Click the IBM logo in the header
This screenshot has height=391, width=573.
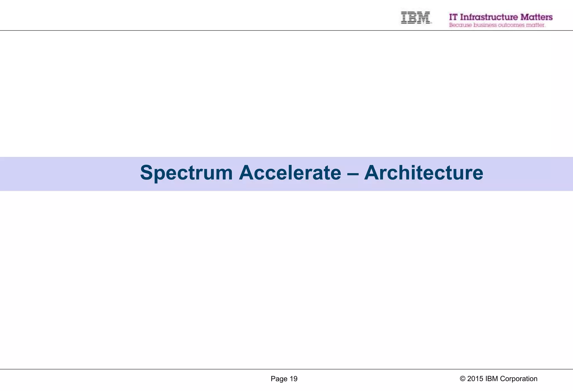point(415,17)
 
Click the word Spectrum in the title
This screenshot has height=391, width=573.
point(186,173)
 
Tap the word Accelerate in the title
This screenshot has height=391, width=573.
point(290,173)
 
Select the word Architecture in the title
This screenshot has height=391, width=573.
point(424,173)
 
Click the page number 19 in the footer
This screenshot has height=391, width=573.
point(293,379)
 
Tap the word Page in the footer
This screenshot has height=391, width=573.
point(279,379)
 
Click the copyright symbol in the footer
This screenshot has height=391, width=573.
point(462,379)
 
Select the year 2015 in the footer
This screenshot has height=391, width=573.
point(475,379)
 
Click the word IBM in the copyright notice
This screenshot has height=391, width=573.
point(491,379)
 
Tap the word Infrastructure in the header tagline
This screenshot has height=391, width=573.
point(489,17)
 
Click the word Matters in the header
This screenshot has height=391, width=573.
point(536,17)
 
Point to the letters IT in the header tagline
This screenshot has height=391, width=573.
point(453,17)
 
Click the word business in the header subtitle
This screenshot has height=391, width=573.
point(485,25)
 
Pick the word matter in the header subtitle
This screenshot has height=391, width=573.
point(535,25)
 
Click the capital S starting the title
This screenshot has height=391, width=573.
point(147,173)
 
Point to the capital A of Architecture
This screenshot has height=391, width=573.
point(373,173)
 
